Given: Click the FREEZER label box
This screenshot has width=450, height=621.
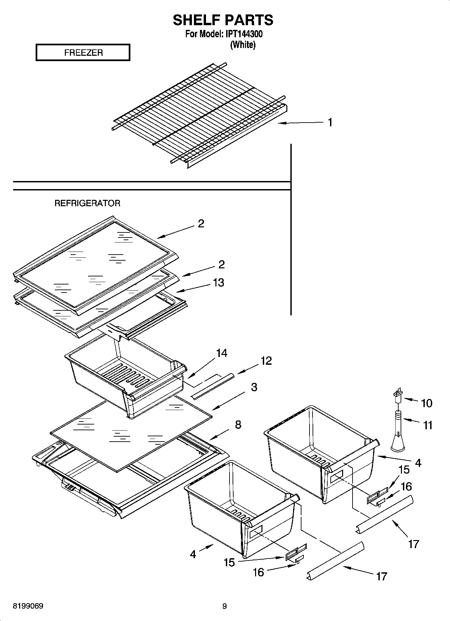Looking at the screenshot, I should pyautogui.click(x=83, y=53).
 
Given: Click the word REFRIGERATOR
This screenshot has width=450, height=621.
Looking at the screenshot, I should pyautogui.click(x=87, y=203).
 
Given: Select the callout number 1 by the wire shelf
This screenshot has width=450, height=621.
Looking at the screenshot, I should pyautogui.click(x=330, y=123).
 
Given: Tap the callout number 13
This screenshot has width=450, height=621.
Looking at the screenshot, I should pyautogui.click(x=218, y=282).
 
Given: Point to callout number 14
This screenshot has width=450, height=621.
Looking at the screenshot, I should pyautogui.click(x=221, y=353).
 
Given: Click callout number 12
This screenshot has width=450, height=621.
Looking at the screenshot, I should pyautogui.click(x=266, y=361).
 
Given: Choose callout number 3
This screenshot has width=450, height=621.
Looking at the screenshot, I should pyautogui.click(x=254, y=387).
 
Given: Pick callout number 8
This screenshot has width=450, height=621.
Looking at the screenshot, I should pyautogui.click(x=238, y=425).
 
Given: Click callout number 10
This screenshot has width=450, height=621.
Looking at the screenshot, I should pyautogui.click(x=426, y=403).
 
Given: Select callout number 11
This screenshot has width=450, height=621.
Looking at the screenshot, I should pyautogui.click(x=427, y=425).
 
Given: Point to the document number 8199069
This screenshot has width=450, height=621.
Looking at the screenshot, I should pyautogui.click(x=28, y=606).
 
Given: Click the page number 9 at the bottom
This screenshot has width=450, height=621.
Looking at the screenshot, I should pyautogui.click(x=224, y=606).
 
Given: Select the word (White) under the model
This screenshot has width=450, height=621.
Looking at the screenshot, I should pyautogui.click(x=243, y=45).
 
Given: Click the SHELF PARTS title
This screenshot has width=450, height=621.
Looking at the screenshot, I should pyautogui.click(x=223, y=20).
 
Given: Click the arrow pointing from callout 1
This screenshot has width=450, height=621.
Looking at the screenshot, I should pyautogui.click(x=299, y=123).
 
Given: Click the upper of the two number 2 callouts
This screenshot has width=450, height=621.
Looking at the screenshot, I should pyautogui.click(x=201, y=224).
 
